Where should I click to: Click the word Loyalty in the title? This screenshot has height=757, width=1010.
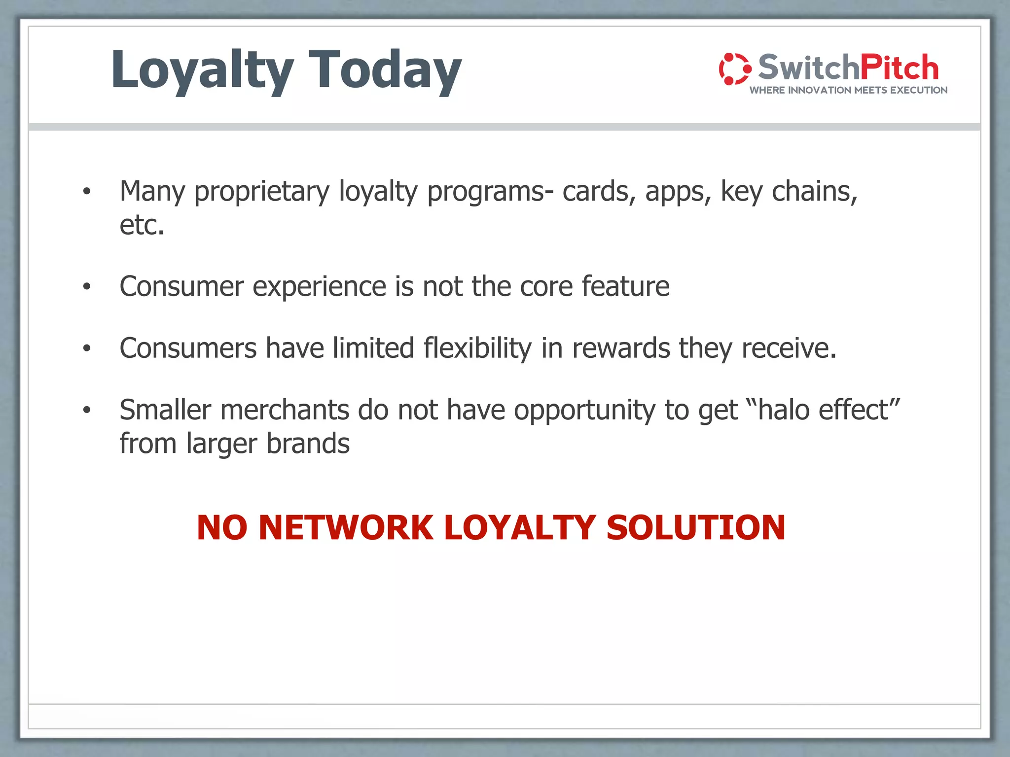coord(202,70)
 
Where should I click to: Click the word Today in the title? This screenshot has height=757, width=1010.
coord(385,70)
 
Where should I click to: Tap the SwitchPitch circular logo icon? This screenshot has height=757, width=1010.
coord(734,69)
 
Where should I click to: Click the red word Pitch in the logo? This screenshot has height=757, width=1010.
coord(899,68)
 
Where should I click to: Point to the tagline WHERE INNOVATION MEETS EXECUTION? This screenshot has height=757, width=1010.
coord(848,90)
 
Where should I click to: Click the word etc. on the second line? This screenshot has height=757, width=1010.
coord(142,225)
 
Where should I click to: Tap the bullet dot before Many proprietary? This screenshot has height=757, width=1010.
coord(87,192)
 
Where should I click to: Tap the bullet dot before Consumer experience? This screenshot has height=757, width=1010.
coord(87,287)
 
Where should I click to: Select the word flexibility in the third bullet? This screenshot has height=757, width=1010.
coord(477,348)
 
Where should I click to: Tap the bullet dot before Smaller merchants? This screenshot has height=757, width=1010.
coord(87,410)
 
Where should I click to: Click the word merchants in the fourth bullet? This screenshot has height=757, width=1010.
coord(284,410)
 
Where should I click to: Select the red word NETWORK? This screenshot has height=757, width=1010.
coord(346,528)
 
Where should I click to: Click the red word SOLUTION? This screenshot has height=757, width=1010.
coord(695,528)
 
